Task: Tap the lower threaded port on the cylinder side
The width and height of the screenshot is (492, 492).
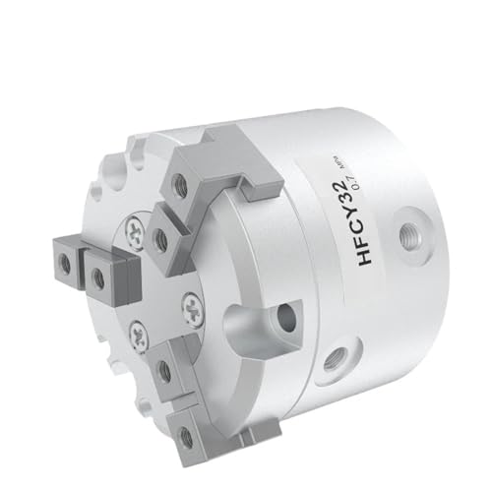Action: (341, 349)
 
